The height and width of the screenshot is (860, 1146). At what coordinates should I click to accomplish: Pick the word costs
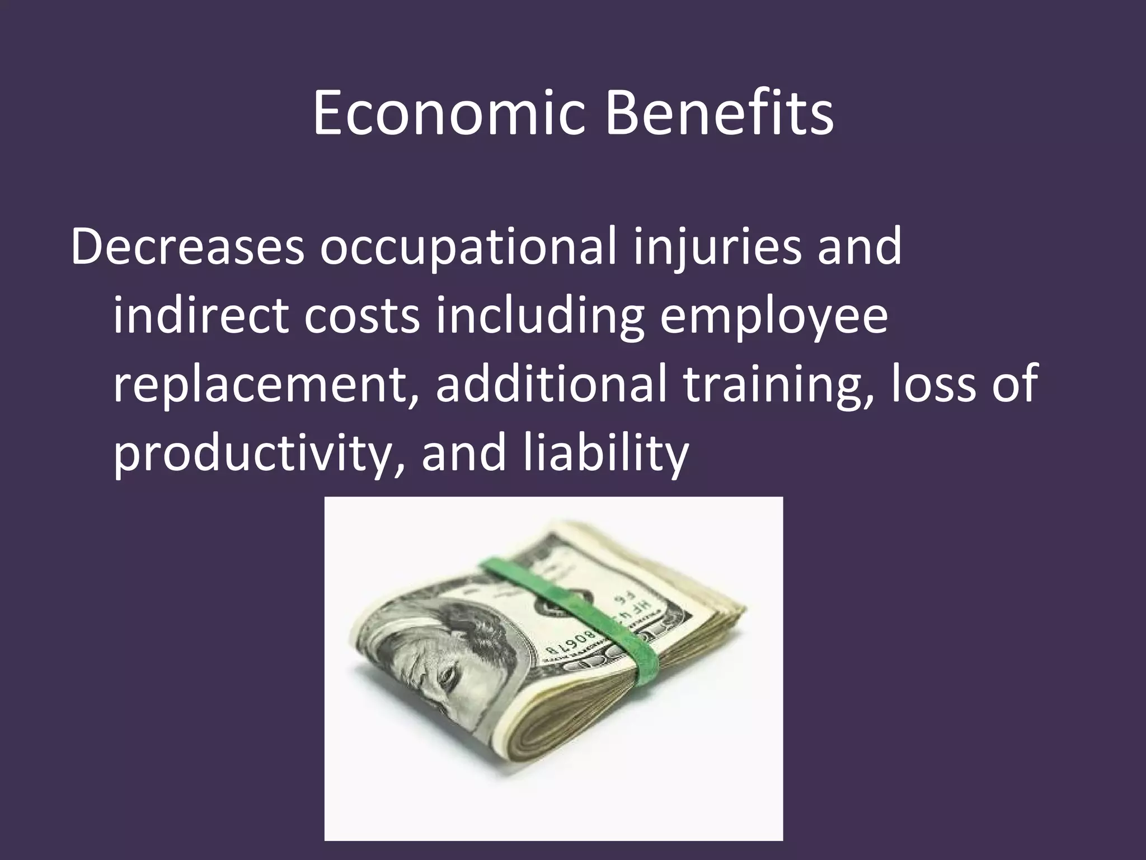point(361,316)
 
